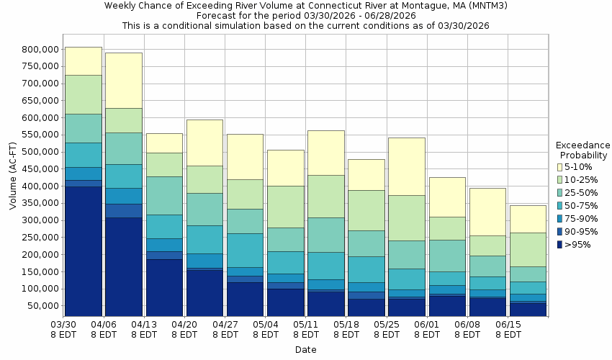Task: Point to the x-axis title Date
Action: [305, 350]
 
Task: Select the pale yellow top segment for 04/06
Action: [124, 80]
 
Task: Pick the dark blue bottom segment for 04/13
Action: [164, 288]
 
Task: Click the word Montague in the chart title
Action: [371, 5]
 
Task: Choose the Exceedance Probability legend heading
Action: [583, 150]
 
